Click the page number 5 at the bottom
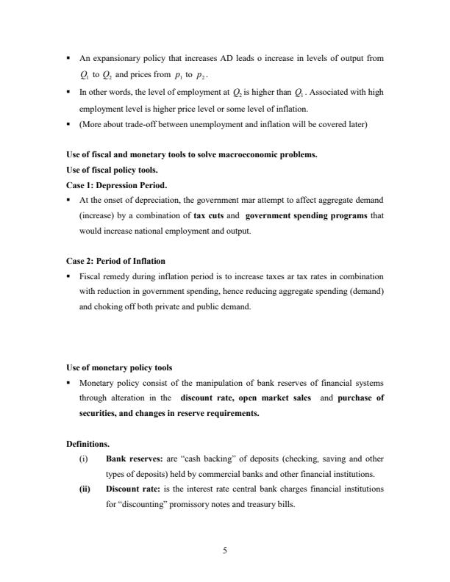click(x=225, y=533)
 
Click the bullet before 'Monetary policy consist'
click(x=68, y=383)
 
